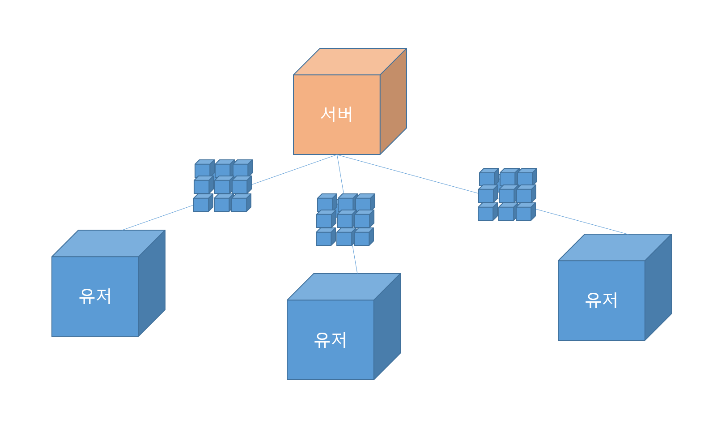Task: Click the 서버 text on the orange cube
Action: click(336, 114)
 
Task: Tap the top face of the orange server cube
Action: click(350, 61)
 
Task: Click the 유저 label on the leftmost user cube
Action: click(95, 296)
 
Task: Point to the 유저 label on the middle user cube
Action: click(331, 340)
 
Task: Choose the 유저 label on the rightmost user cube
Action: click(602, 300)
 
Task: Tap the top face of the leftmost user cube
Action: click(109, 243)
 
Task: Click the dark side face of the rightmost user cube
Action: click(658, 287)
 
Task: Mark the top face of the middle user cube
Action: click(344, 287)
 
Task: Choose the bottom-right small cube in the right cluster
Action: click(523, 214)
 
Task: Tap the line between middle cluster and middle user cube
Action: click(355, 259)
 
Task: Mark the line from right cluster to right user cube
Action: click(581, 222)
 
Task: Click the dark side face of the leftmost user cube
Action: click(152, 283)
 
